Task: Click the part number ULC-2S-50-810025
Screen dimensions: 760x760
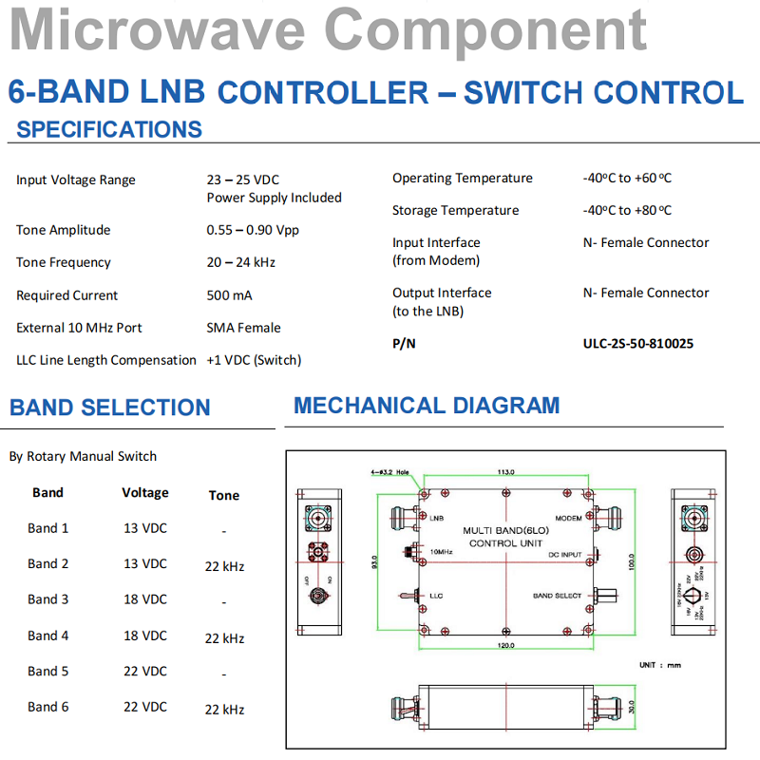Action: [x=637, y=343]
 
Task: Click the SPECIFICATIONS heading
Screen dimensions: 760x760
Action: [x=109, y=130]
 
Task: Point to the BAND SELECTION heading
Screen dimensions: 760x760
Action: [x=109, y=408]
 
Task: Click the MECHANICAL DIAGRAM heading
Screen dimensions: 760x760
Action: [x=427, y=406]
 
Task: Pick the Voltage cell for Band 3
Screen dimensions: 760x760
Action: [x=145, y=599]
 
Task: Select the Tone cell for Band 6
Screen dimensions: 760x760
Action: [x=224, y=710]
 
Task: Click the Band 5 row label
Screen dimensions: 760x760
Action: [x=48, y=671]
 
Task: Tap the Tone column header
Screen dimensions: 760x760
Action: [x=224, y=495]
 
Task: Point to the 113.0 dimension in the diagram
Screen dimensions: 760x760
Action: [x=505, y=472]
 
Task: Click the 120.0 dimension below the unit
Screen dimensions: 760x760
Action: [x=505, y=646]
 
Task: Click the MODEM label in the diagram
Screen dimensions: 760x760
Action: [x=568, y=519]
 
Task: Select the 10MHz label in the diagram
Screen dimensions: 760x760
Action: [x=441, y=551]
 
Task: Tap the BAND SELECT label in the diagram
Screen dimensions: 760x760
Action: [x=557, y=596]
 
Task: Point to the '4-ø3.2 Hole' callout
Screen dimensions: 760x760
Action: [x=389, y=471]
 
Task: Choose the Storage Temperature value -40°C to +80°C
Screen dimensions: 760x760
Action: [x=627, y=210]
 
